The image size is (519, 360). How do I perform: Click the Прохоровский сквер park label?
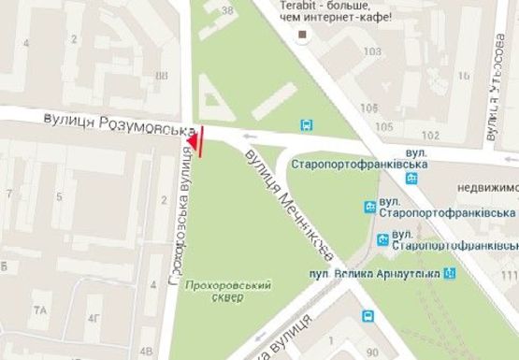click(x=214, y=290)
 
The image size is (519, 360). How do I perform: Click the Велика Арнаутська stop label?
click(x=376, y=273)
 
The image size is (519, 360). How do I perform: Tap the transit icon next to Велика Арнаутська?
click(x=450, y=273)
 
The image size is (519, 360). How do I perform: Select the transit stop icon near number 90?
click(x=367, y=317)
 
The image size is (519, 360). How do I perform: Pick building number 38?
click(x=227, y=11)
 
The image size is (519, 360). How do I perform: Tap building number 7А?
click(x=40, y=309)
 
